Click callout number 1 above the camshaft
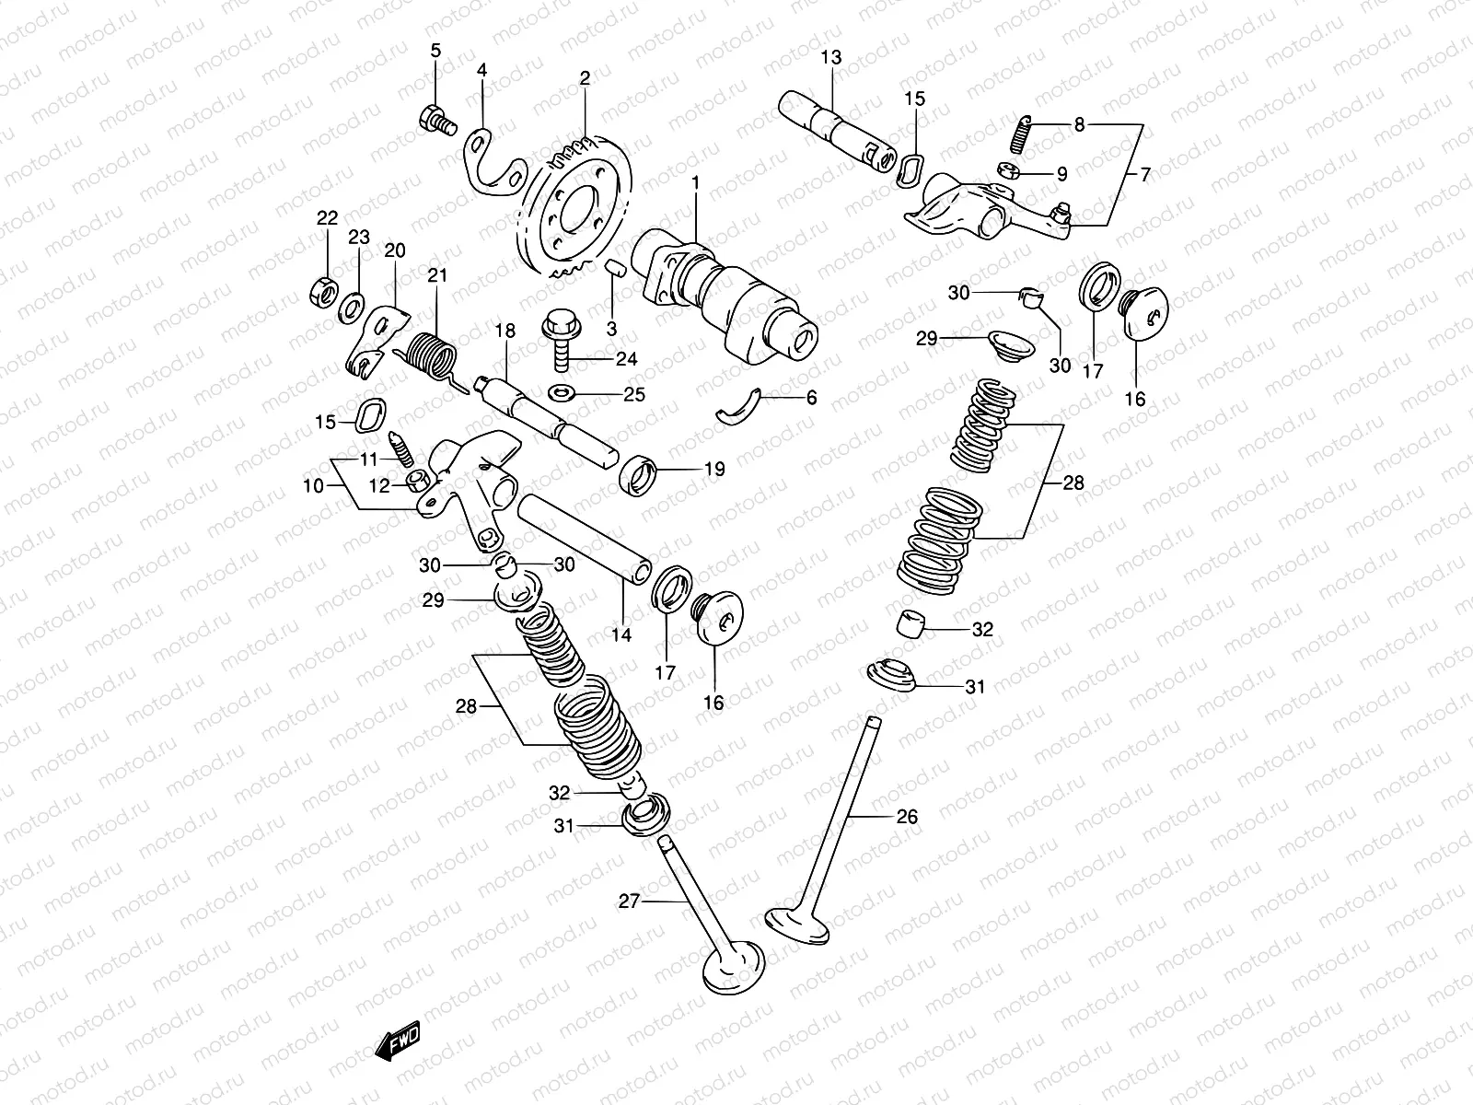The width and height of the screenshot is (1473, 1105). click(696, 183)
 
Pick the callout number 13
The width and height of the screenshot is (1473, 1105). click(830, 57)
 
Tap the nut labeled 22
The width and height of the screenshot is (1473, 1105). click(322, 291)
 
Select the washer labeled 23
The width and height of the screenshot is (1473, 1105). click(351, 308)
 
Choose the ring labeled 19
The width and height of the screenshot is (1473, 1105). click(638, 474)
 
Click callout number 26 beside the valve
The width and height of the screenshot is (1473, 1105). click(907, 816)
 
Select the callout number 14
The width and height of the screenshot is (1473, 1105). click(621, 634)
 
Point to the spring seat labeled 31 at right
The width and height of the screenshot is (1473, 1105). click(890, 676)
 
